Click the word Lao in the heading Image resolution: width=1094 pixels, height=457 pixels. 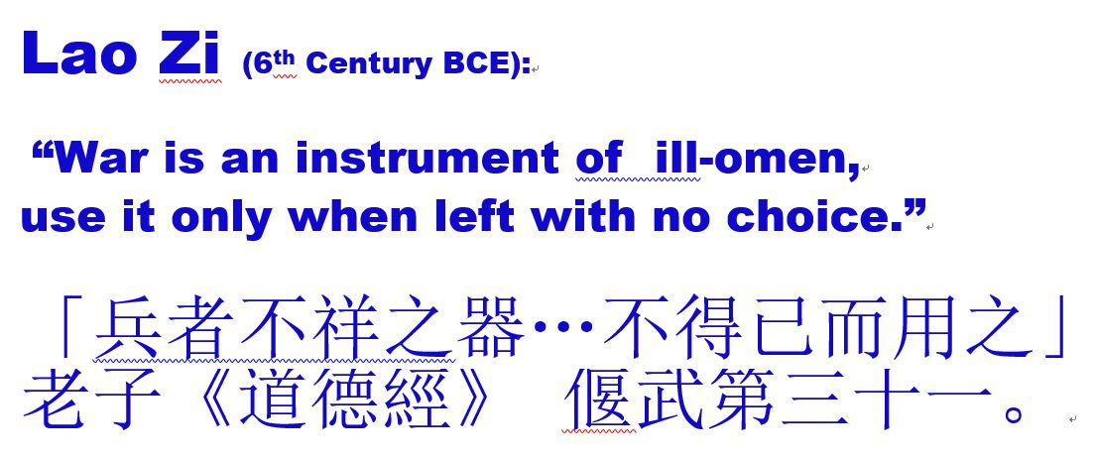78,53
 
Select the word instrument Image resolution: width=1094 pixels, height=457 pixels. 427,159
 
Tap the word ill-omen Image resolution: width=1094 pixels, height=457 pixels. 757,160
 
